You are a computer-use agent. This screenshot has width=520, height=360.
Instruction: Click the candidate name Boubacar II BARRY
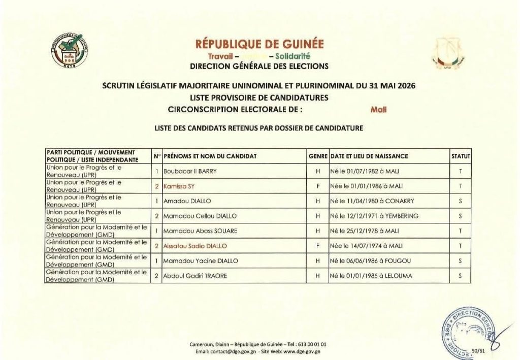190,171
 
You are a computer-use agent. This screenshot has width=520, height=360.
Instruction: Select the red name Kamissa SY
176,186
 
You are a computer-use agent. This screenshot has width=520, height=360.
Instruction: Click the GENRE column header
317,156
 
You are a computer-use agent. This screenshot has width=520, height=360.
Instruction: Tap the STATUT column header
461,156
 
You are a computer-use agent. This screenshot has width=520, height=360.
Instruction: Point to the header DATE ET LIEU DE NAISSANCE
369,156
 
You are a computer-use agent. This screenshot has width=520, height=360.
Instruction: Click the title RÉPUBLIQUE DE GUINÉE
259,44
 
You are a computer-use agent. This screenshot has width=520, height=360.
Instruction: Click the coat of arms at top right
448,53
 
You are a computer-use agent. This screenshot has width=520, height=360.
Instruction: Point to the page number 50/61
478,350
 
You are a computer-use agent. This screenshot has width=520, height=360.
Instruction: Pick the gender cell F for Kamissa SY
317,186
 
